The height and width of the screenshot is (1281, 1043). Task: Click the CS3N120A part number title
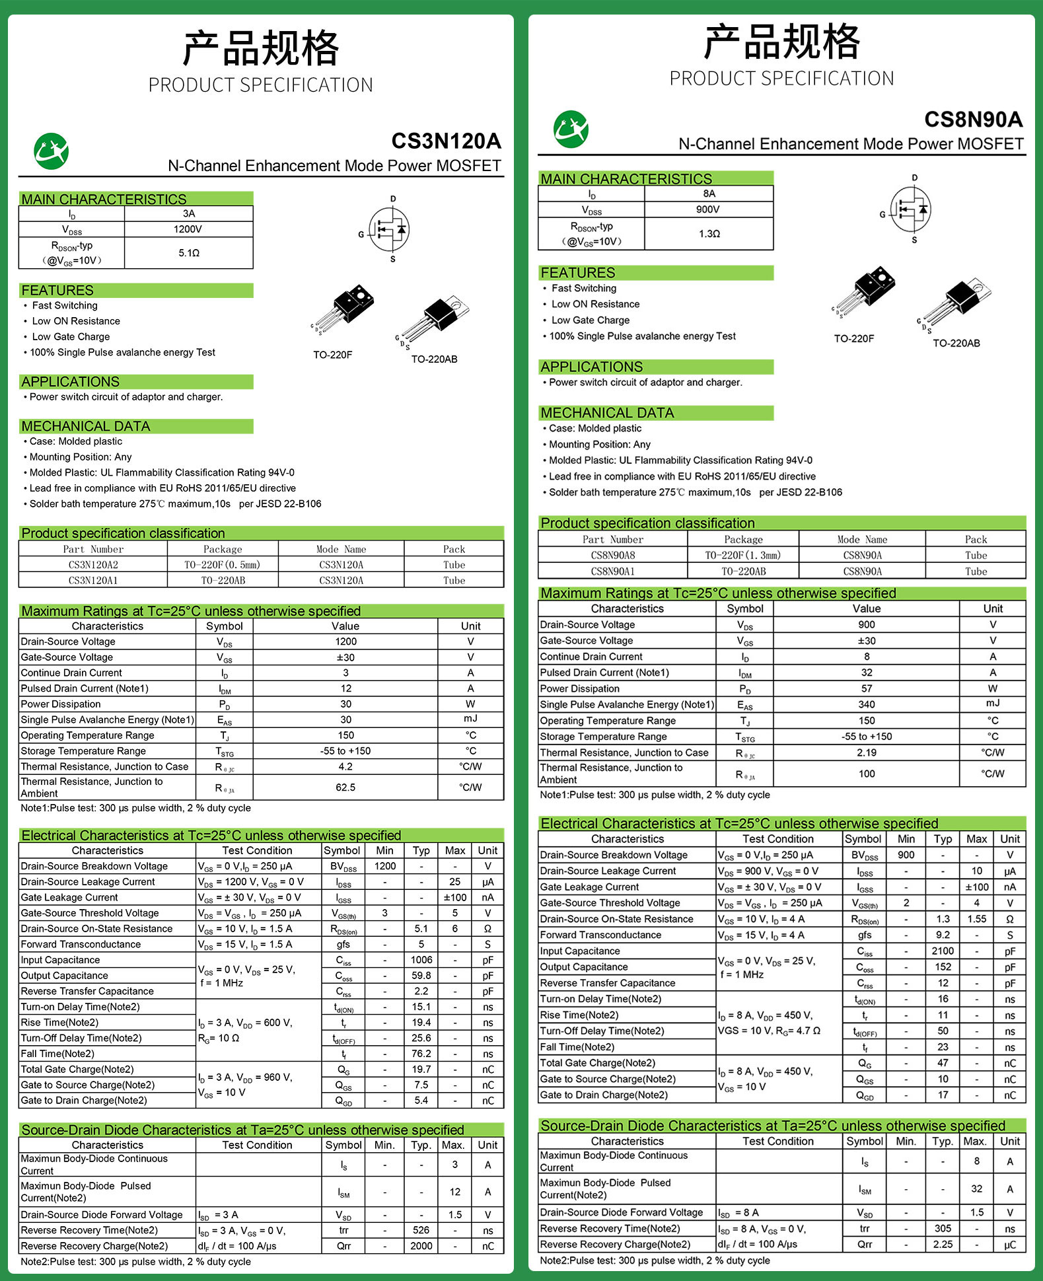[446, 141]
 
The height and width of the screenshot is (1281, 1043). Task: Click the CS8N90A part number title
[973, 120]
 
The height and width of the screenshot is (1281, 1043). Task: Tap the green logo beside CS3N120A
[51, 151]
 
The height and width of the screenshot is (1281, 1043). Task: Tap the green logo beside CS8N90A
[571, 129]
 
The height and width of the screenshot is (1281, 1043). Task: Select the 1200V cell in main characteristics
[188, 229]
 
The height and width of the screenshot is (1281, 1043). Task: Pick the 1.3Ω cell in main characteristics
[709, 234]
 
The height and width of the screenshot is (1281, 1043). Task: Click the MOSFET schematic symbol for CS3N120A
[389, 230]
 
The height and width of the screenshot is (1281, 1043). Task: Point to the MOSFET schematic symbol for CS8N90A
[910, 209]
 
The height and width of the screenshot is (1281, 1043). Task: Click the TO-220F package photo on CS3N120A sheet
[345, 309]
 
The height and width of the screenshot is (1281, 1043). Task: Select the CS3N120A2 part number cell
[93, 565]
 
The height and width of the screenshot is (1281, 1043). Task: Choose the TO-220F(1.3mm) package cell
[742, 556]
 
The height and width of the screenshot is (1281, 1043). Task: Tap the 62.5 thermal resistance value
[345, 787]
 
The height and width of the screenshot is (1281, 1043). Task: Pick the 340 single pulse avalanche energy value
[866, 705]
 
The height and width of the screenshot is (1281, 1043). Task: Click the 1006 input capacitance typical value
[421, 960]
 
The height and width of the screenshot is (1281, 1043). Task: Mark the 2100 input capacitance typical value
[943, 951]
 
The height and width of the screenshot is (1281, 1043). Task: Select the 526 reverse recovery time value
[421, 1230]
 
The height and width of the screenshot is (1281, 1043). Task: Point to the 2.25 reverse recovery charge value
[943, 1244]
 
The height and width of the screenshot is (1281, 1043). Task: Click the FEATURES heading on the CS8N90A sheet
[578, 273]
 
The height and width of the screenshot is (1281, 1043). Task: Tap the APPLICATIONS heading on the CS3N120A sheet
[71, 382]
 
